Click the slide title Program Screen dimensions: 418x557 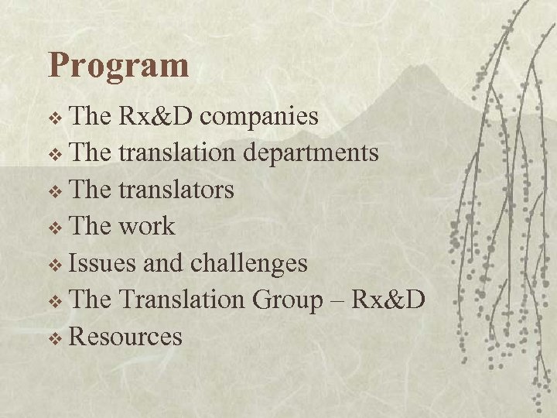(118, 67)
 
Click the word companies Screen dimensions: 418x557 (264, 116)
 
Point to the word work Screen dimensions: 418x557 (148, 226)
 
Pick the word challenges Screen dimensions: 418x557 (249, 263)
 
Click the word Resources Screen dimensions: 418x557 (126, 337)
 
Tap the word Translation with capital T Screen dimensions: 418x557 (185, 300)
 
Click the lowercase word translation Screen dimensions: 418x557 (178, 153)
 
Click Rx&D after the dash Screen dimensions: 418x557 (388, 300)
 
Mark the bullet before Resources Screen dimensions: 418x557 (56, 338)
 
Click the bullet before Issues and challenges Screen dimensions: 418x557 (56, 265)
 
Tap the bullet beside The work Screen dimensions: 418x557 (56, 228)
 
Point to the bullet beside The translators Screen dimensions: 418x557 (56, 191)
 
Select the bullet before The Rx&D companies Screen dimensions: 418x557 (56, 118)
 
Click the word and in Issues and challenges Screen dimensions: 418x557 (164, 263)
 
